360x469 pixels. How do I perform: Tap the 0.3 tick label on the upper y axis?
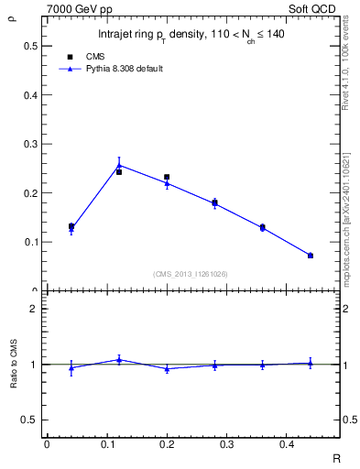point(30,144)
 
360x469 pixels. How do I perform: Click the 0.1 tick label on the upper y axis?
point(30,243)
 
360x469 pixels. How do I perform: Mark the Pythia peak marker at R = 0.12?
point(119,166)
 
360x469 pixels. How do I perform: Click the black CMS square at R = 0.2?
point(167,177)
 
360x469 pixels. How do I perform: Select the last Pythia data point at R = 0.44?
point(311,256)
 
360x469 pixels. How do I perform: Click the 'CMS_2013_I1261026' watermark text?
point(191,274)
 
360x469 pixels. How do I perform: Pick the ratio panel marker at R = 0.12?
point(119,360)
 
